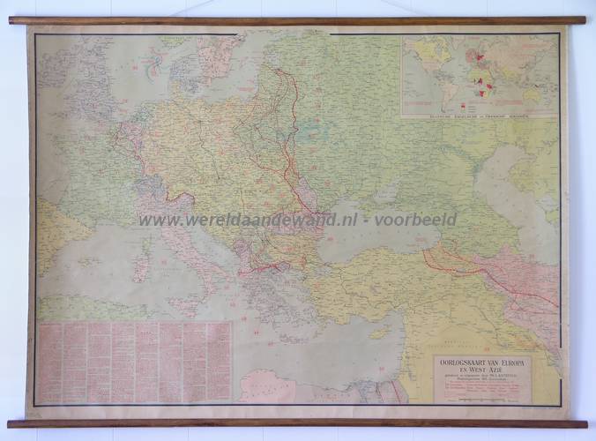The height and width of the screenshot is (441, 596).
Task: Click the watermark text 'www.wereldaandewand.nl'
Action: [248, 220]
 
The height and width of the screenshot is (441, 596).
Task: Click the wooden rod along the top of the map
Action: [297, 20]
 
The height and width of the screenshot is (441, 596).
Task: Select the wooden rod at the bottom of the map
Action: [297, 423]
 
